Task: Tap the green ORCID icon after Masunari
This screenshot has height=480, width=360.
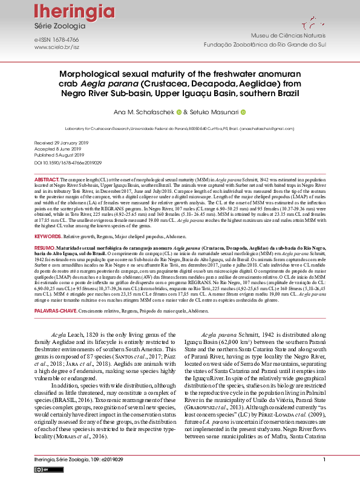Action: (243, 112)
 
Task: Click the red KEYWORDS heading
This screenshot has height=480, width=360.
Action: (48, 236)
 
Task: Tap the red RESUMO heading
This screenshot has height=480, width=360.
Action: (44, 248)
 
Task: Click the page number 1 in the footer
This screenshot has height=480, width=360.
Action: (324, 460)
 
